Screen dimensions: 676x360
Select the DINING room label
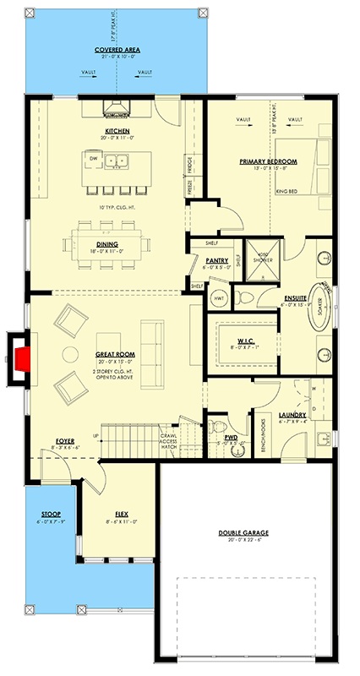tap(106, 244)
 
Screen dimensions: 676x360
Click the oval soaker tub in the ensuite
tap(321, 305)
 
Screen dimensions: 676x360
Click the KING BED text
tap(289, 192)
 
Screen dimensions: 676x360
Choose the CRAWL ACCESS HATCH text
tap(173, 442)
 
